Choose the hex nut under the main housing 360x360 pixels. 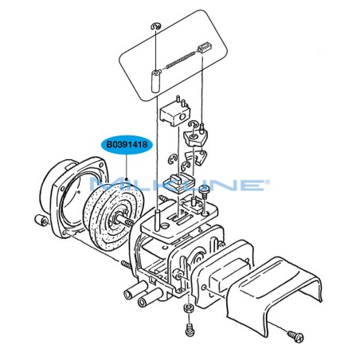(188, 309)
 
